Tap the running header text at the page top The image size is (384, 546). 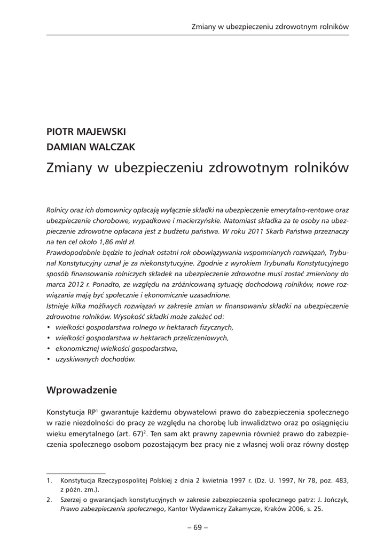(270, 26)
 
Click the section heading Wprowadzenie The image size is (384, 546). (82, 390)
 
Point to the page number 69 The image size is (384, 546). (198, 527)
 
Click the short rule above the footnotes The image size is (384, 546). (76, 472)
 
